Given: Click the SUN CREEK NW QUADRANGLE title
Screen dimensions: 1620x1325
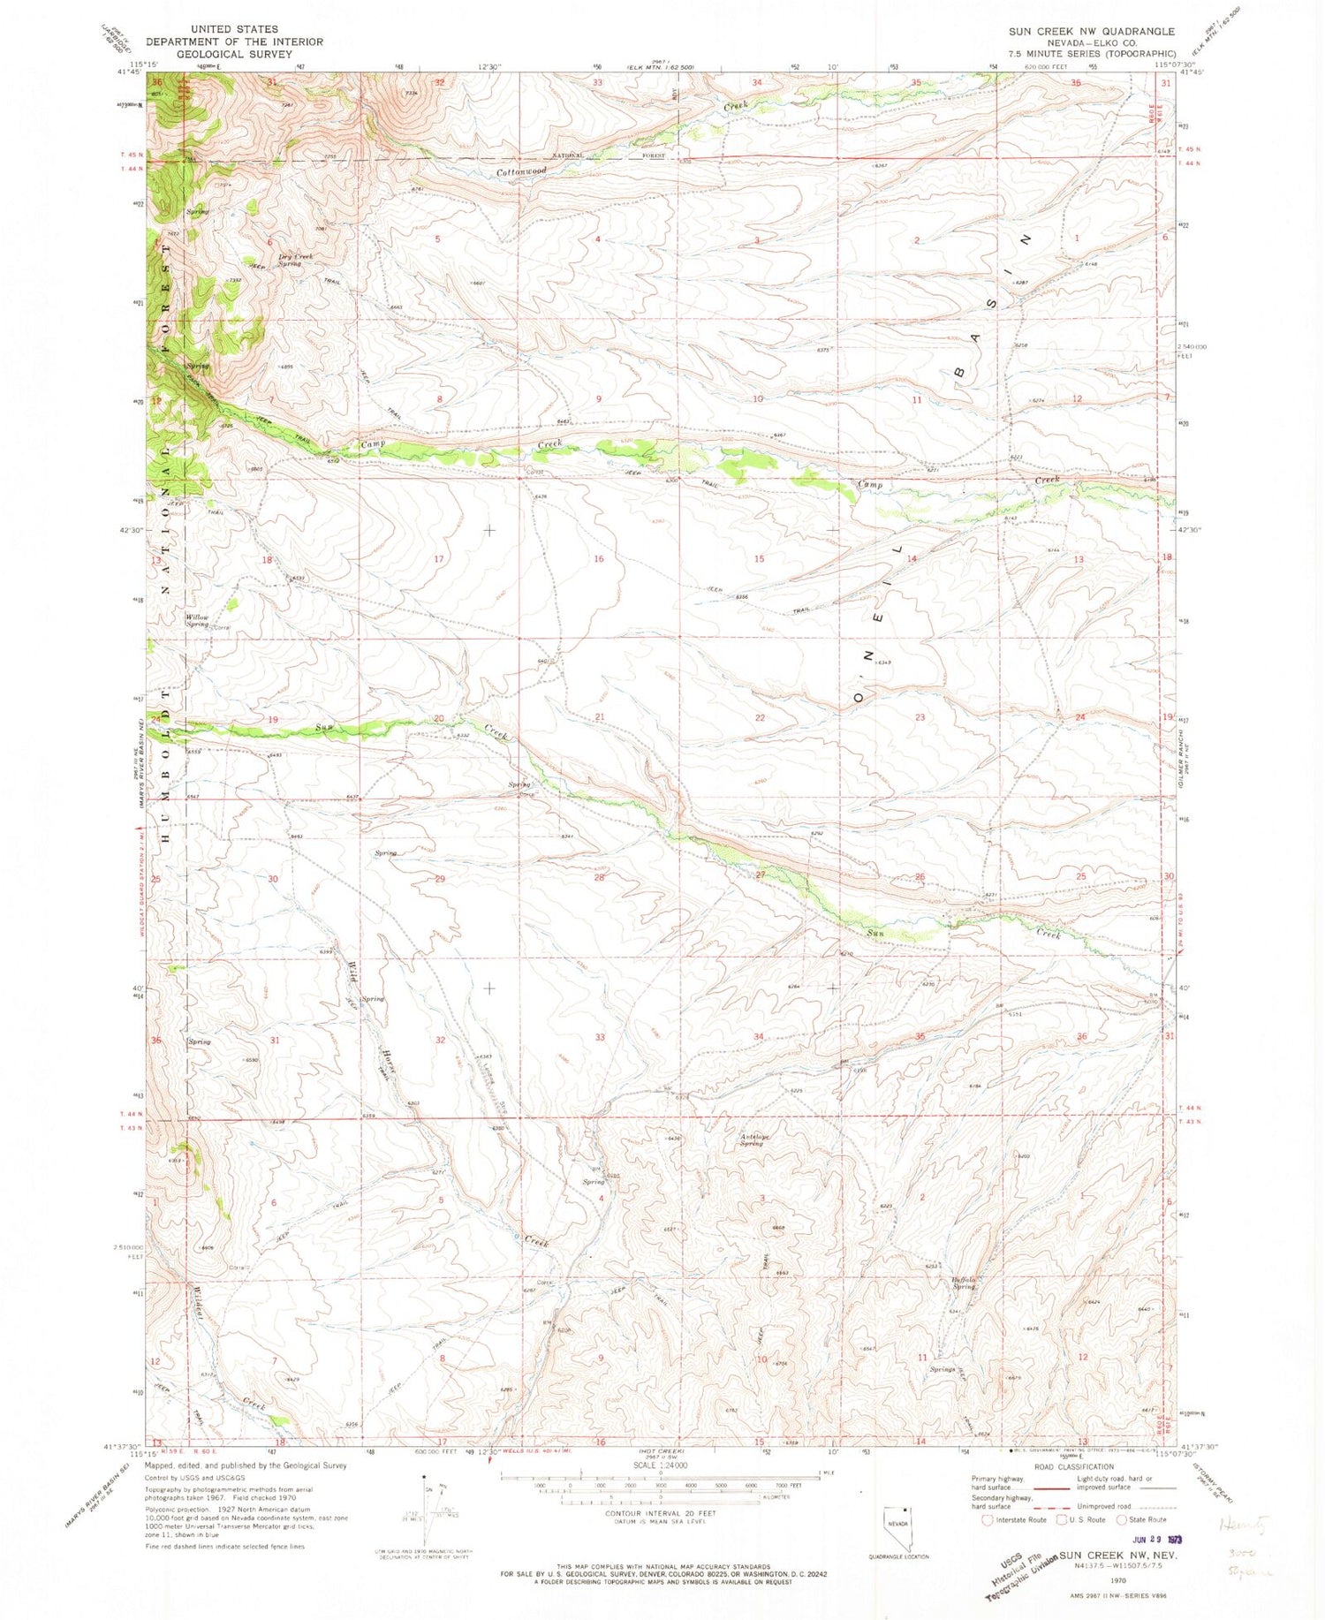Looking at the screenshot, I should coord(1092,31).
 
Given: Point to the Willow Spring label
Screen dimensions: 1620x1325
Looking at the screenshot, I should coord(197,620).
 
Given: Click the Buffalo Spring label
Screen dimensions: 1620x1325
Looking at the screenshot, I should coord(963,1283).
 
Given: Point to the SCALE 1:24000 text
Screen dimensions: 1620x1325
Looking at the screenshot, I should coord(660,1465).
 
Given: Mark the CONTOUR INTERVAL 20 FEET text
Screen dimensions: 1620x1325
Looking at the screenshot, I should coord(661,1513).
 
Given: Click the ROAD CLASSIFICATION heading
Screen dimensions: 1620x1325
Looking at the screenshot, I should coord(1073,1466).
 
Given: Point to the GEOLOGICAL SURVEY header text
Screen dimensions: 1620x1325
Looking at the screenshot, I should coord(234,54).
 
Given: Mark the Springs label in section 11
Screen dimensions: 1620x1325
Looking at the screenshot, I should coord(942,1369).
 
